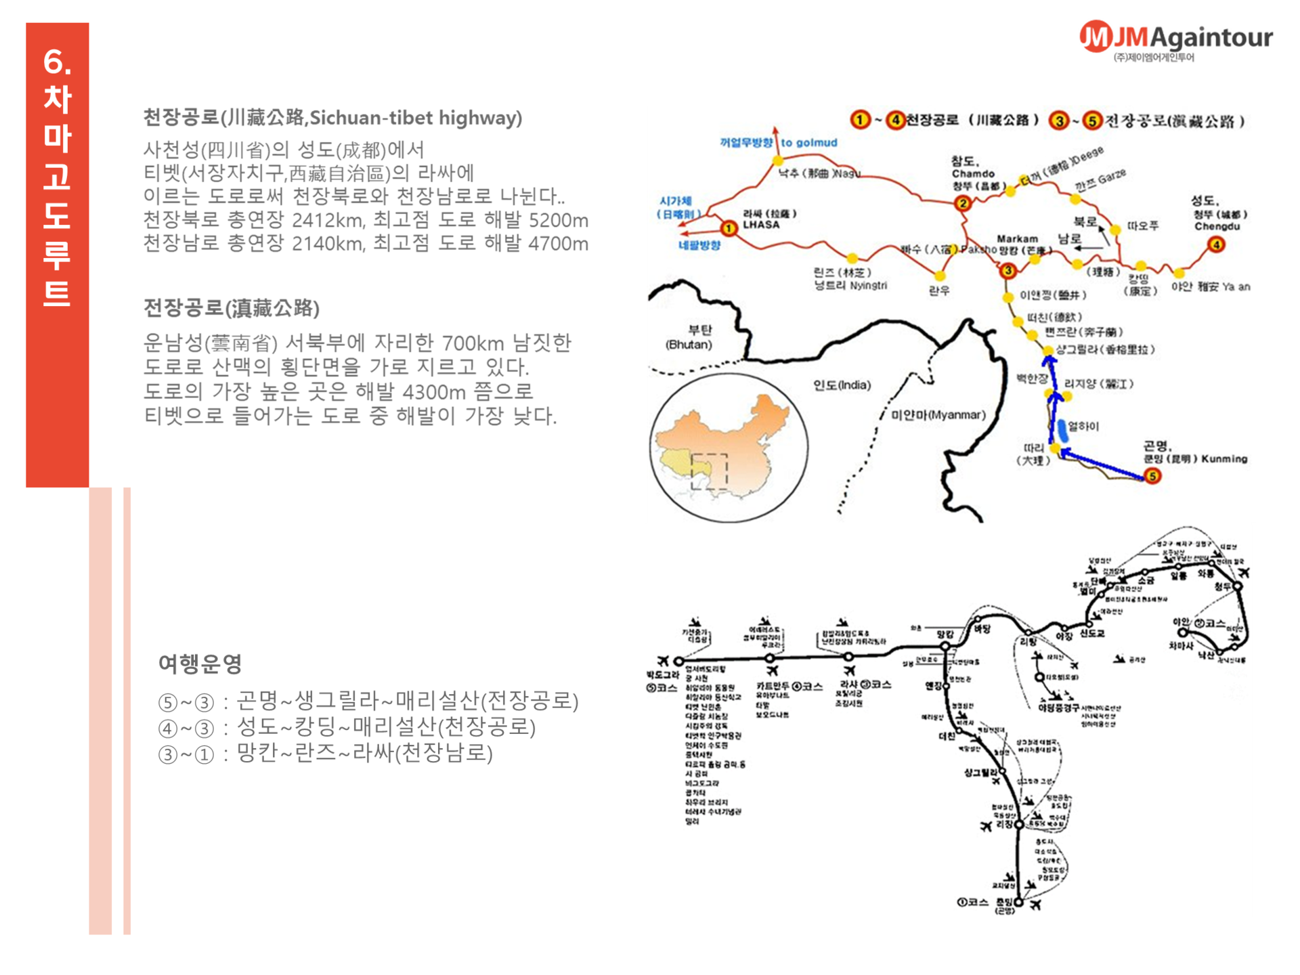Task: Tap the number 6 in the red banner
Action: pos(57,62)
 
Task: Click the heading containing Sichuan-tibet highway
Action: pos(332,118)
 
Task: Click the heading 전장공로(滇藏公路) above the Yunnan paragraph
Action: pos(231,309)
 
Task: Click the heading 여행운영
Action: pos(200,664)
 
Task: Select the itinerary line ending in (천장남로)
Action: pos(325,753)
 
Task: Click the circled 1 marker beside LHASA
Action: pos(729,228)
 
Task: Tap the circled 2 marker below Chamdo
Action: pos(962,203)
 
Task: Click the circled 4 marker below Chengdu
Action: pos(1216,245)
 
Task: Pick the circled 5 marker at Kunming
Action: pos(1152,477)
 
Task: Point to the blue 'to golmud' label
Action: pos(808,143)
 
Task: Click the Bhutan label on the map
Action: pos(689,337)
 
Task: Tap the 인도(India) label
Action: pos(842,385)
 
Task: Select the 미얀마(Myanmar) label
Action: pos(938,415)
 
